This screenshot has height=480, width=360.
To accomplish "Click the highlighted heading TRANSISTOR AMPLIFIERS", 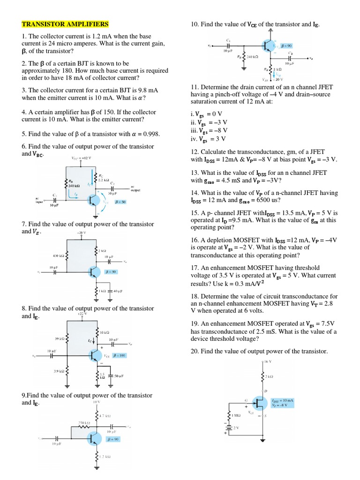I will click(65, 24).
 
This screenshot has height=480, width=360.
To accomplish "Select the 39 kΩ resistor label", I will click(60, 338).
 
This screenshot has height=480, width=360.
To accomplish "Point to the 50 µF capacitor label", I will click(119, 375).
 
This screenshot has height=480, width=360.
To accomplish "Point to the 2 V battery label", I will click(237, 428).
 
